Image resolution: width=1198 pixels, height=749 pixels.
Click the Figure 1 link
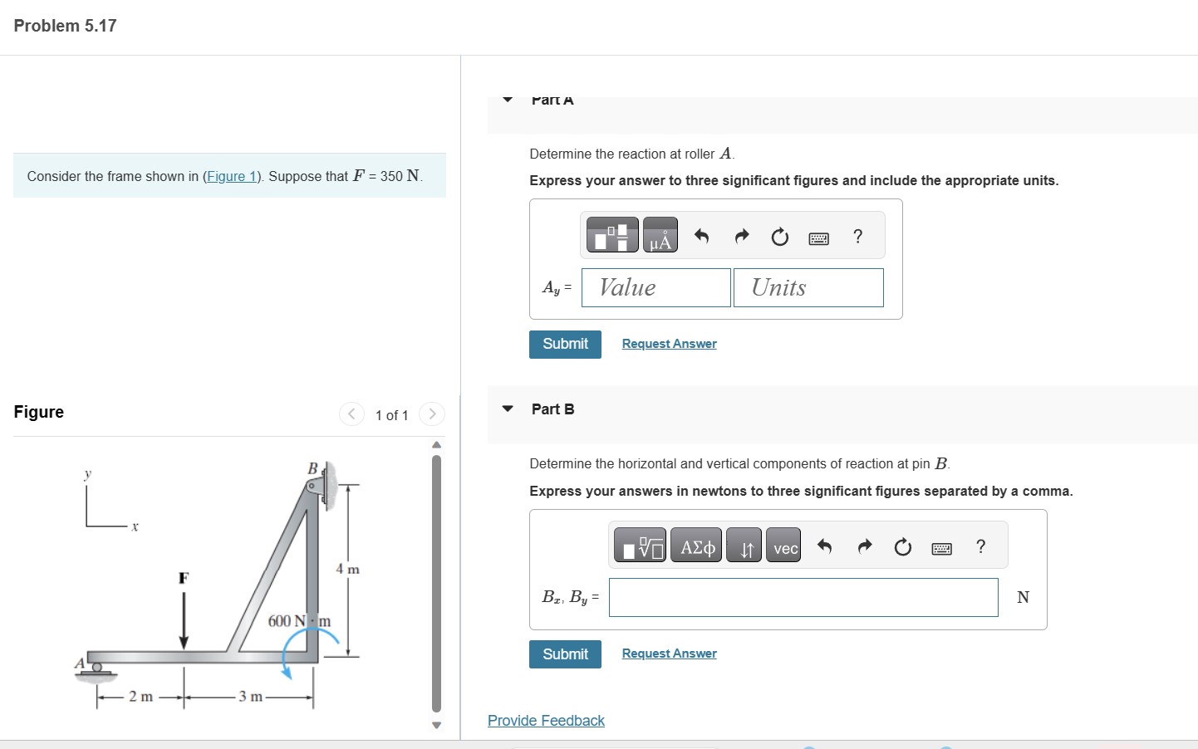pos(232,176)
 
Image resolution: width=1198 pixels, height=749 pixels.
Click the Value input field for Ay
pos(655,287)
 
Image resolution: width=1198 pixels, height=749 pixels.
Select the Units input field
pos(808,287)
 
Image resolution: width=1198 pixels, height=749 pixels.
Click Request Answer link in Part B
pos(669,654)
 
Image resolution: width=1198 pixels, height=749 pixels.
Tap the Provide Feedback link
pos(546,721)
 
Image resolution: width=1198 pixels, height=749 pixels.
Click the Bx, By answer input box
pos(803,597)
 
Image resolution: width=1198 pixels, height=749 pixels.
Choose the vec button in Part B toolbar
pos(784,547)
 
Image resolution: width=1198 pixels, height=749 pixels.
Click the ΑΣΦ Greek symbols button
pos(697,547)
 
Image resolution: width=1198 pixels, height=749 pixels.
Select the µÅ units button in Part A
pos(660,236)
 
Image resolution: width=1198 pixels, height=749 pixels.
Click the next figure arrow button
pos(432,414)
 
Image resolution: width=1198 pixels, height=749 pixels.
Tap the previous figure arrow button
pos(351,414)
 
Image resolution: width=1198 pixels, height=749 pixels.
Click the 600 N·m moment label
pos(299,621)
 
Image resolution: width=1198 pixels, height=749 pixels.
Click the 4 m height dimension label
pos(347,569)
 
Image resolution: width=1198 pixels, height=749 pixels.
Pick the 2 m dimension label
pos(140,697)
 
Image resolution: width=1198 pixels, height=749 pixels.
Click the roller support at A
pos(96,668)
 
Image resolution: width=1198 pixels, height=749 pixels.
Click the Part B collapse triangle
pos(508,409)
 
